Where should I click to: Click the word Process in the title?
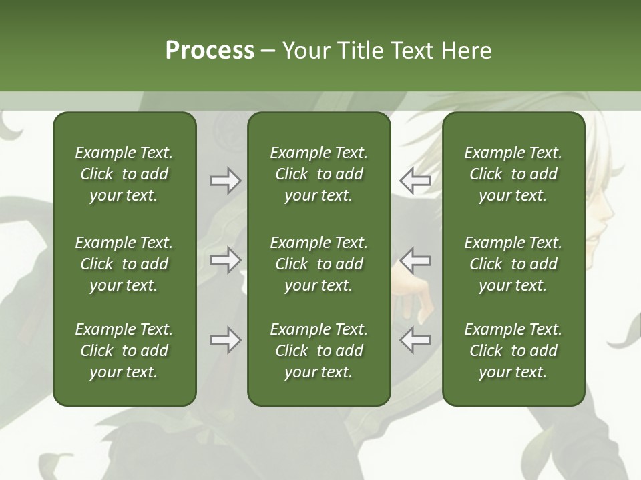[210, 51]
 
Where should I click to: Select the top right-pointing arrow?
[225, 181]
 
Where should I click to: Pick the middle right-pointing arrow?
[225, 260]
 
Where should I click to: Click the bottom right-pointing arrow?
[225, 340]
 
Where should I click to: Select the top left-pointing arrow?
[415, 181]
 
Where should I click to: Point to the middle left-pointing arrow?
[415, 260]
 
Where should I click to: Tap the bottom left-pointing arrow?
[415, 340]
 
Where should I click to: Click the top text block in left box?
[124, 174]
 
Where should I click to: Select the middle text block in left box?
[124, 264]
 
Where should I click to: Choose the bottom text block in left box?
[124, 351]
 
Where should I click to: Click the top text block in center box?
[318, 174]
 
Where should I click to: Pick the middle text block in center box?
[318, 264]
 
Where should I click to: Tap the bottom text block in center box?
[318, 351]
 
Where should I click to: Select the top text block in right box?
[513, 174]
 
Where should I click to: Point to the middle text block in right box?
[513, 264]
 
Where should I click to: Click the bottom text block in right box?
[513, 351]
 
